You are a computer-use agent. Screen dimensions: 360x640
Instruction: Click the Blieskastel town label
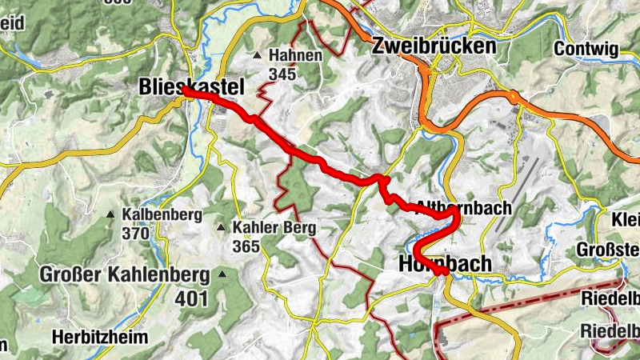(190, 86)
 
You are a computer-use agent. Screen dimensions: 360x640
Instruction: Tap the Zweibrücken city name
(434, 47)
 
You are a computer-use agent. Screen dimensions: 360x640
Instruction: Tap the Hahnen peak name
(295, 56)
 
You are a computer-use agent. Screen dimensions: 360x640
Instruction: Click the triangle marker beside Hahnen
(257, 56)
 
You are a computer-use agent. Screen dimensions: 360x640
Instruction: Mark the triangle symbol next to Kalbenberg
(110, 214)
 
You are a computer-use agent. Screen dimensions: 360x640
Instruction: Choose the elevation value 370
(136, 234)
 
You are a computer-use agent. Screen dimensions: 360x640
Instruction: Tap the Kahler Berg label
(274, 227)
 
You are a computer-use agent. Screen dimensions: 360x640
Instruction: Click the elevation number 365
(246, 246)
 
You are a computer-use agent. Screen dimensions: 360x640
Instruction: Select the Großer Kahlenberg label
(125, 276)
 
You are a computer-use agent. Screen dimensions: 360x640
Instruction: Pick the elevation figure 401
(192, 299)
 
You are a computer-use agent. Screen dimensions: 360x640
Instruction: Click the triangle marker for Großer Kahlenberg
(222, 276)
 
